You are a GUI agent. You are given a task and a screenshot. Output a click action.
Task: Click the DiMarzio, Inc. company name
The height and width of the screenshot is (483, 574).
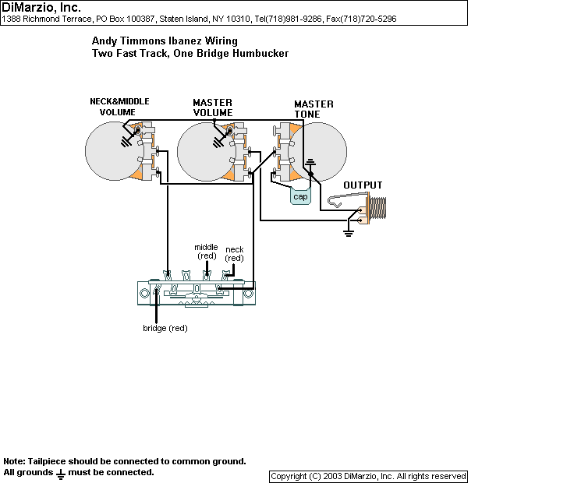(41, 7)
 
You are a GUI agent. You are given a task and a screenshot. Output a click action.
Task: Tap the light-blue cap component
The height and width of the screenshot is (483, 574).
(300, 196)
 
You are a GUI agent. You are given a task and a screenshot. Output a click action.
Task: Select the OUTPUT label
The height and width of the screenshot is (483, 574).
(364, 185)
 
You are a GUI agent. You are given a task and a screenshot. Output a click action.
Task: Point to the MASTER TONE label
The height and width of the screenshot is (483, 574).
(314, 110)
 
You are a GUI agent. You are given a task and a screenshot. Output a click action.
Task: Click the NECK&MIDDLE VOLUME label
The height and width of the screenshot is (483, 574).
(119, 107)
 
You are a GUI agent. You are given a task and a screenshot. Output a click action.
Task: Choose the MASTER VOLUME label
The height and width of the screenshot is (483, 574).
(213, 108)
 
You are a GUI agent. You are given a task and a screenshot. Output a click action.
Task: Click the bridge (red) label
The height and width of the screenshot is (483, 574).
(165, 328)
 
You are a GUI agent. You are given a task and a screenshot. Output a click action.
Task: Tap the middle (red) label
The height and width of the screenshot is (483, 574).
(206, 252)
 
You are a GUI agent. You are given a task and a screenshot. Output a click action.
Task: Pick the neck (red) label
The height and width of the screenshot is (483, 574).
(234, 254)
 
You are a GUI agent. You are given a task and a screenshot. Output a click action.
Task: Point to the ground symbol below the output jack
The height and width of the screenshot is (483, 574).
(349, 231)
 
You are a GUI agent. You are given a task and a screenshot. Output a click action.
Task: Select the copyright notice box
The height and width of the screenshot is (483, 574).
(368, 476)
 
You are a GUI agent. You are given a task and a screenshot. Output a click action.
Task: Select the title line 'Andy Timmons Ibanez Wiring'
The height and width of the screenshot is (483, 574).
(165, 41)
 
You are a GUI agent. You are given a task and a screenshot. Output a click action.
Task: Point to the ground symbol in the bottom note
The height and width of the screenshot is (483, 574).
(60, 473)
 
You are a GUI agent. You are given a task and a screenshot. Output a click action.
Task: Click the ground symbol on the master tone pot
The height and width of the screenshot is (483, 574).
(310, 163)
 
